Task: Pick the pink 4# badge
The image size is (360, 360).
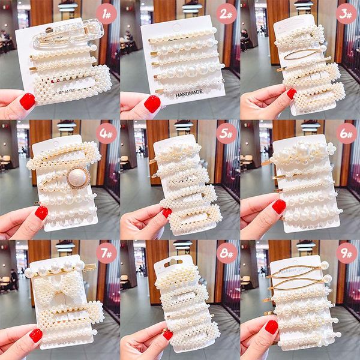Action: pos(106,133)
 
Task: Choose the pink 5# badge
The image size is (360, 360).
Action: pos(226,133)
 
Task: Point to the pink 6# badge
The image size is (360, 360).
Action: pos(346,133)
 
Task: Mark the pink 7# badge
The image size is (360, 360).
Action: pos(106,253)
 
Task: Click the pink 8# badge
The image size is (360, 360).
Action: pos(226,253)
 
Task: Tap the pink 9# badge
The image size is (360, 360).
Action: pos(346,253)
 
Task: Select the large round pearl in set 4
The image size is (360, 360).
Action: pos(77,177)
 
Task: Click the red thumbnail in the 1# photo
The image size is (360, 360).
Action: pos(27,101)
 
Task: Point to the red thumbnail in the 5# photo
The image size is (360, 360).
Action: pos(166,212)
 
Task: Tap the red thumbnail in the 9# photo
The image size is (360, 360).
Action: pos(272,326)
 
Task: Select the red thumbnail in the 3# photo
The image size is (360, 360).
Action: pos(291,94)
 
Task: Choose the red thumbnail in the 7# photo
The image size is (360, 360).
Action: pos(35,335)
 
